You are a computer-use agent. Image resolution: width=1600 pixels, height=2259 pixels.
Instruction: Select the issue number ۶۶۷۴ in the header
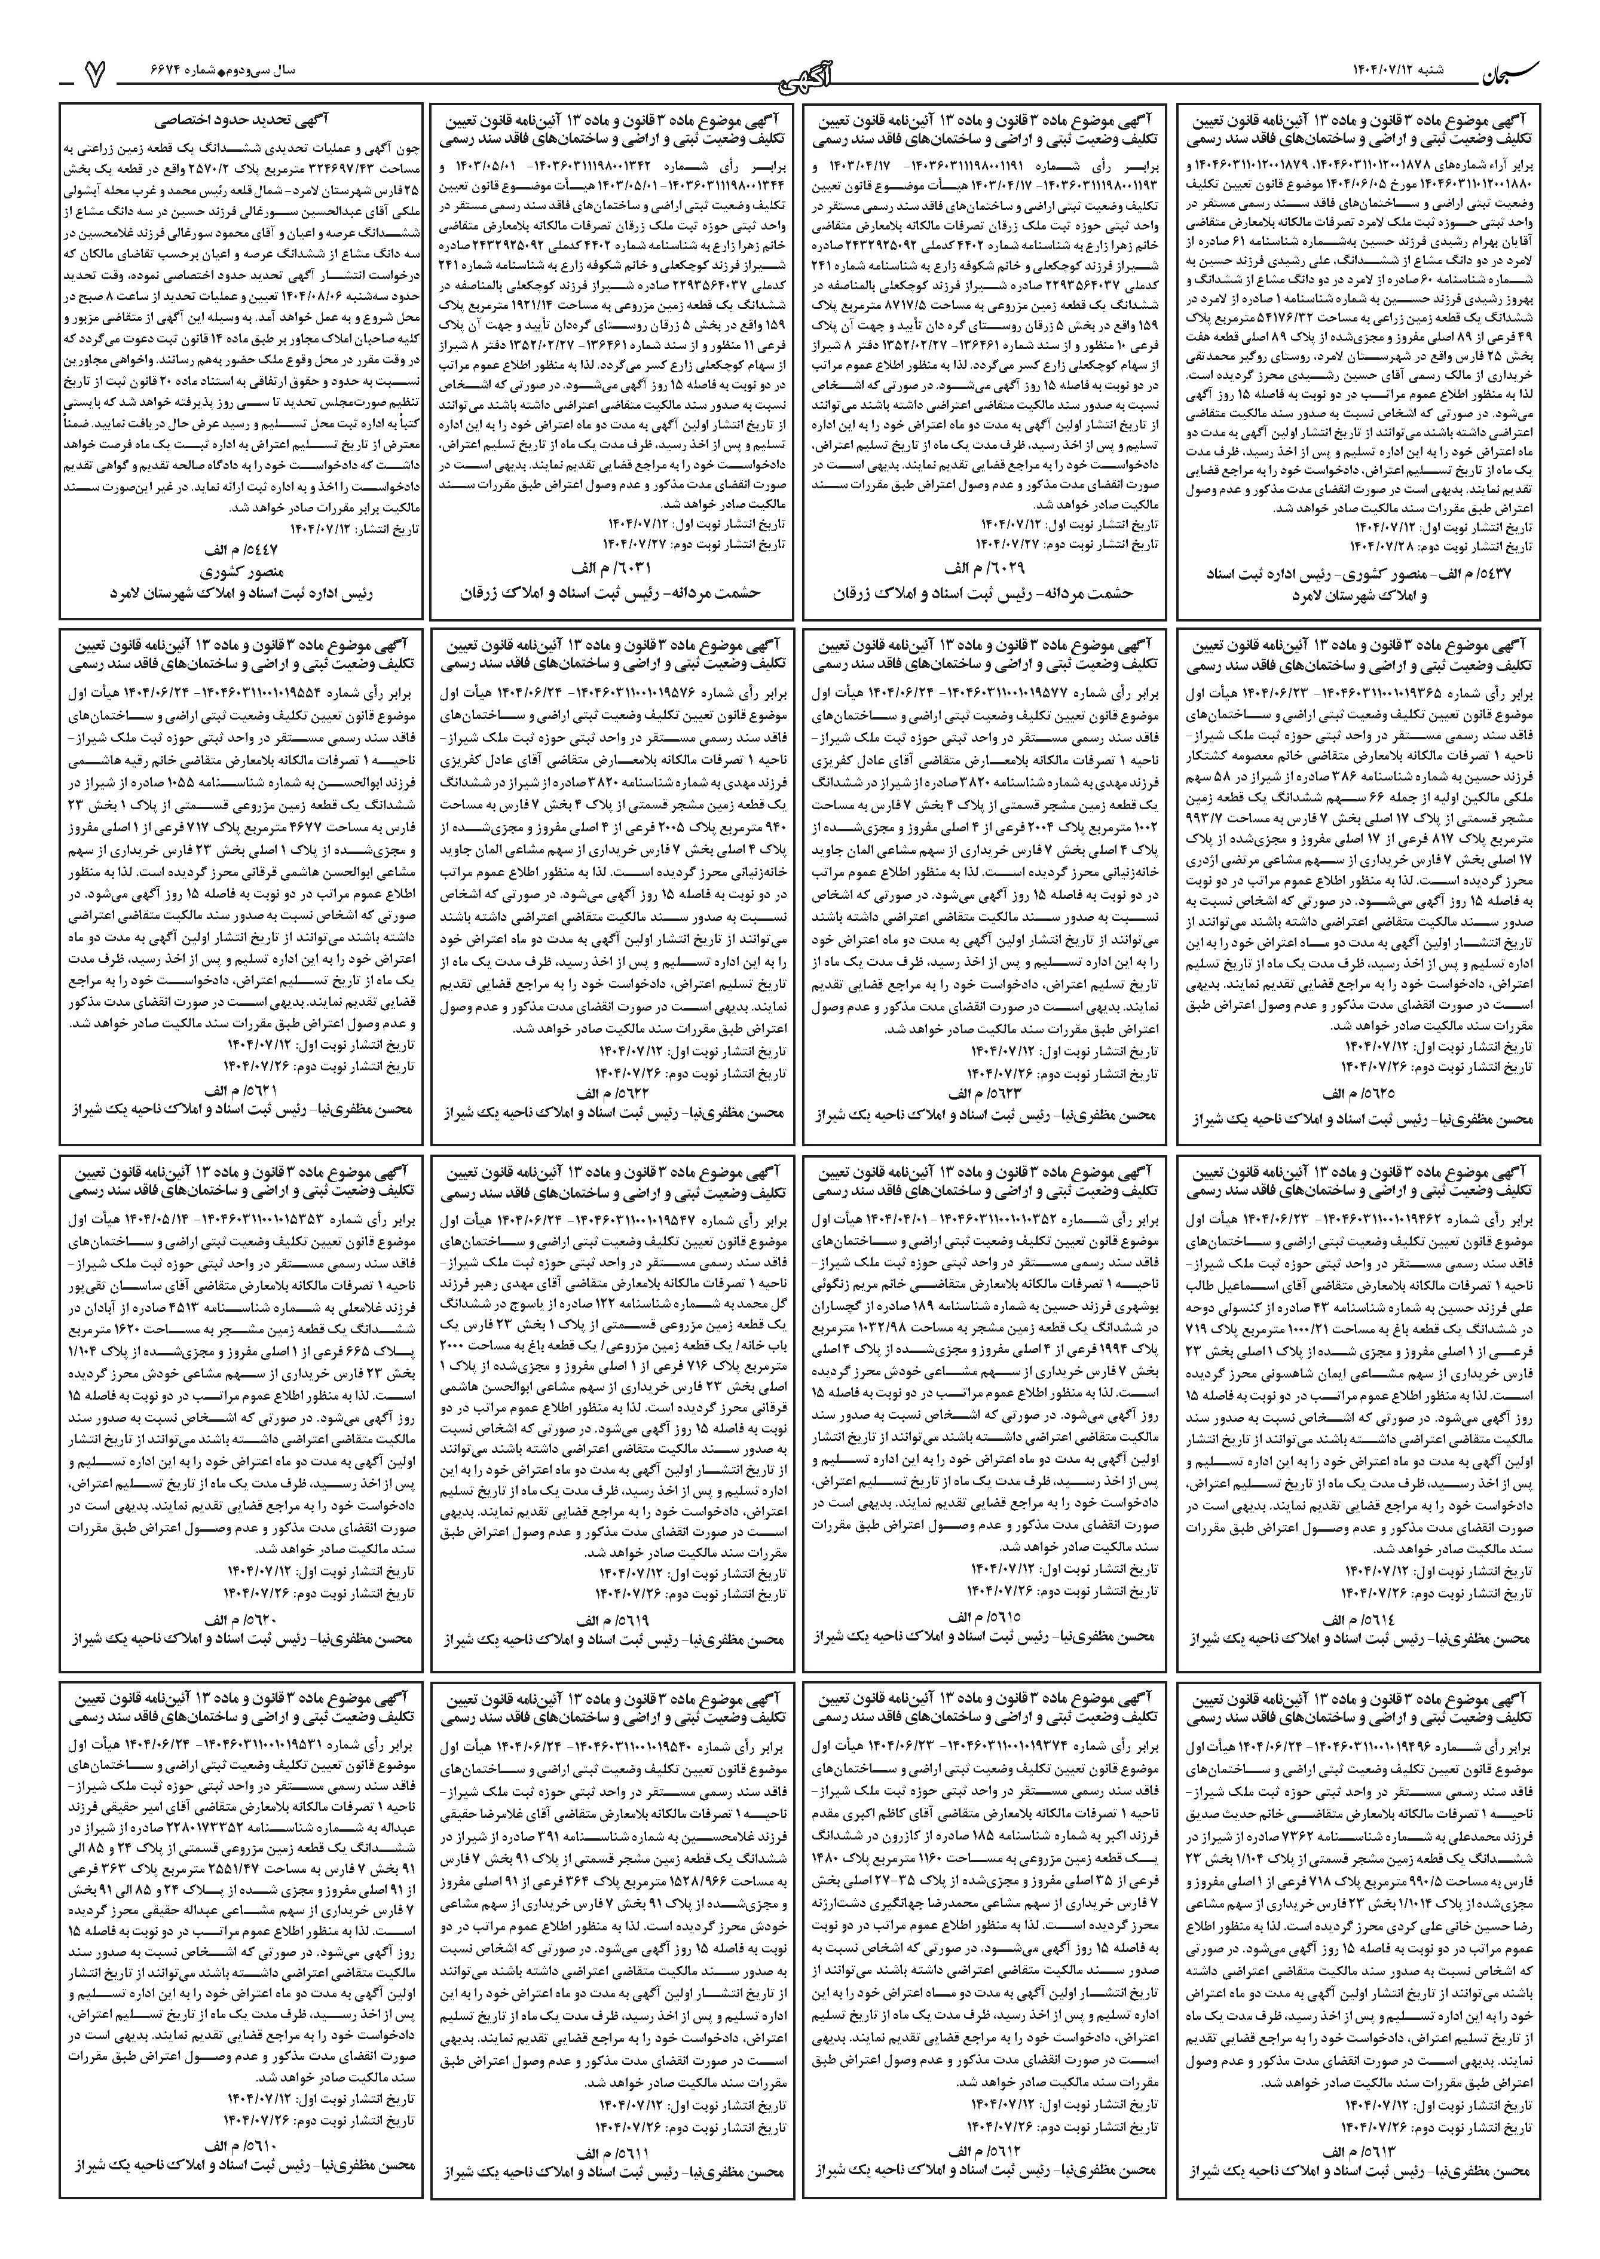pos(173,72)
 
